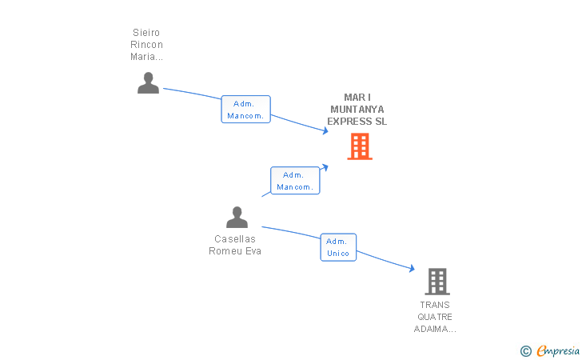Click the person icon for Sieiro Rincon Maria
[x=148, y=83]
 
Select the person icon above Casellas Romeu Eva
[x=237, y=217]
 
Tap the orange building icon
[x=359, y=146]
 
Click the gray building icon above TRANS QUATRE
[x=436, y=282]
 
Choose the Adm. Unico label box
[x=338, y=247]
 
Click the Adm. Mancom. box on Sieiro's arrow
[x=245, y=110]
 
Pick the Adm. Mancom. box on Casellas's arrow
[x=295, y=181]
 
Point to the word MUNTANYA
[x=357, y=110]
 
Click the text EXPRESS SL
[x=357, y=122]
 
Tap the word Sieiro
[x=146, y=33]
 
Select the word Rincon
[x=146, y=45]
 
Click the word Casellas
[x=235, y=239]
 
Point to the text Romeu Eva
[x=235, y=251]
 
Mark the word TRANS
[x=435, y=305]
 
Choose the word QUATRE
[x=435, y=317]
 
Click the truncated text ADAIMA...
[x=435, y=329]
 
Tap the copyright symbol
[x=525, y=350]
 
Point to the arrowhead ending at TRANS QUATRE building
[x=411, y=270]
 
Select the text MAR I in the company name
[x=357, y=98]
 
